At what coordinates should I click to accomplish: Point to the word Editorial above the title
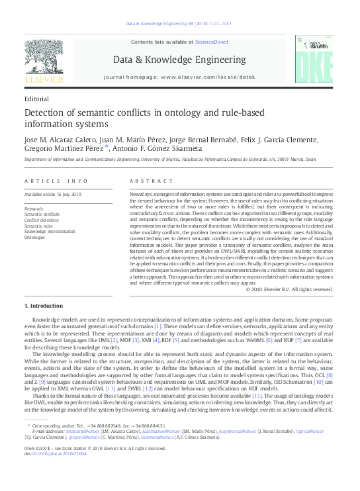36,98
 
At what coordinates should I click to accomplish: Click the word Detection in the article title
48,112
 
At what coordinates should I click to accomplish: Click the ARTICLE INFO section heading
56,181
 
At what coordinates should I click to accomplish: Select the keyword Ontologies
35,236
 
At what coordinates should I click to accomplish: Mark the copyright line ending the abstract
292,289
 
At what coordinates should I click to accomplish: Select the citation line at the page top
179,25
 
